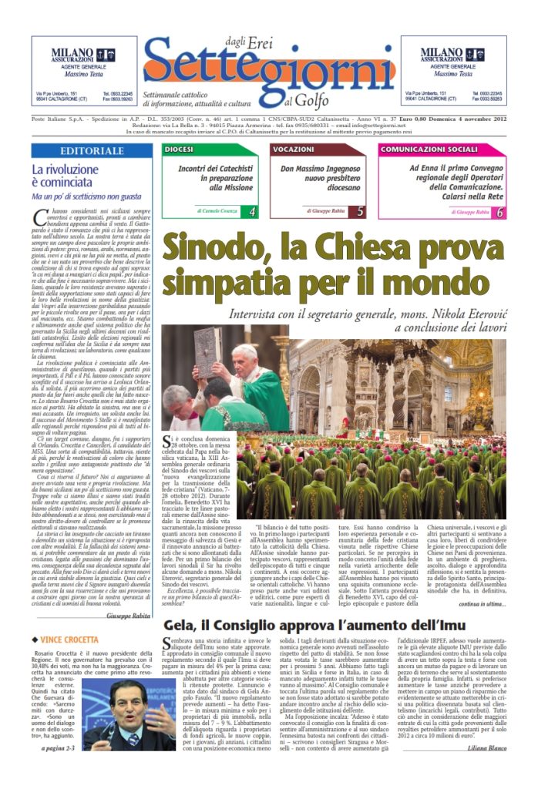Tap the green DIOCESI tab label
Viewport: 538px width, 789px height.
click(x=179, y=148)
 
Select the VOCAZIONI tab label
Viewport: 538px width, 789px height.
click(x=294, y=148)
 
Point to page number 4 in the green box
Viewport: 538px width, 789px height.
click(x=252, y=211)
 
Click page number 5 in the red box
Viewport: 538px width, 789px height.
click(x=361, y=211)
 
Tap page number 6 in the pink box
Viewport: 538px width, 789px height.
click(x=500, y=211)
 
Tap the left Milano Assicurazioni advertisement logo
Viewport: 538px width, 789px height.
click(x=73, y=56)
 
